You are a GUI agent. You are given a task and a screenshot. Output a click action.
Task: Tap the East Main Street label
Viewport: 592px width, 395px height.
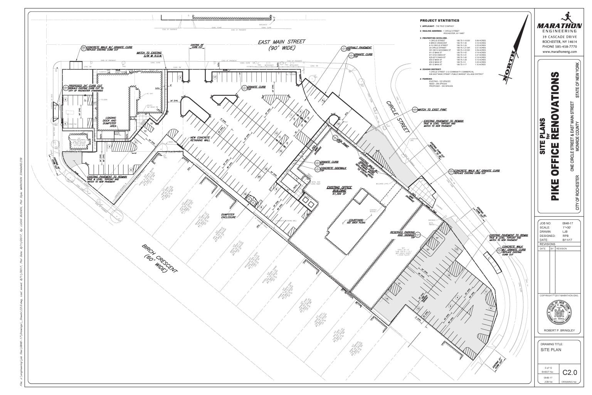tap(282, 45)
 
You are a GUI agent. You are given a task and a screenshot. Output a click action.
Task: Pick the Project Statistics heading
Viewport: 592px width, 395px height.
tap(439, 20)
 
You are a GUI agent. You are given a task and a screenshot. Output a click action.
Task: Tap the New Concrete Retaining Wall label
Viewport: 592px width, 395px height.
tap(200, 140)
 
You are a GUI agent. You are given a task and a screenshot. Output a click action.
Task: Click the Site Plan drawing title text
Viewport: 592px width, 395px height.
tap(551, 350)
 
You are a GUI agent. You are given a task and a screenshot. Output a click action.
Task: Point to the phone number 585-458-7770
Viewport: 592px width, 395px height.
tap(559, 46)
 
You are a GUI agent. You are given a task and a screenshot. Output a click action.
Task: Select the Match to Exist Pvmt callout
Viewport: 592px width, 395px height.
tap(429, 110)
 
